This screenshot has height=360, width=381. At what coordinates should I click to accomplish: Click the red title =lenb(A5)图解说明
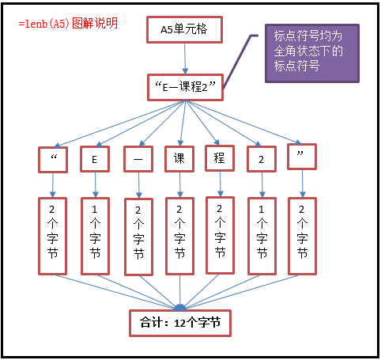tap(68, 24)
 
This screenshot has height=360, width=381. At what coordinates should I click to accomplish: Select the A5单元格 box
tap(184, 29)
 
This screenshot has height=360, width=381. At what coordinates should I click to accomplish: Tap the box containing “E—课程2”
tap(185, 87)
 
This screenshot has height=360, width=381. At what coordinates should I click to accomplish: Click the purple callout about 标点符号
tap(312, 53)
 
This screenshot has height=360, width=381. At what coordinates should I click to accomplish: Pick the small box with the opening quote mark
tap(53, 160)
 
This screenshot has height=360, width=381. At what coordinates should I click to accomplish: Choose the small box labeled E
tap(95, 159)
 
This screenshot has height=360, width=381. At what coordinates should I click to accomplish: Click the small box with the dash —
tap(138, 159)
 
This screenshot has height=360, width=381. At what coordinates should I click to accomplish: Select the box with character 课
tap(179, 159)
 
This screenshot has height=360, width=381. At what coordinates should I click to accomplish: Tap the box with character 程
tap(220, 158)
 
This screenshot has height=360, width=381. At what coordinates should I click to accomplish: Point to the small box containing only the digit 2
tap(262, 159)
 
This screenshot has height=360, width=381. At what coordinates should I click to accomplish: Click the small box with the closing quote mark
tap(302, 157)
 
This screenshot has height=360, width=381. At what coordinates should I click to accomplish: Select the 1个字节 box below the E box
tap(95, 236)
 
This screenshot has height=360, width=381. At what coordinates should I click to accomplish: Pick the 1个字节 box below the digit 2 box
tap(262, 236)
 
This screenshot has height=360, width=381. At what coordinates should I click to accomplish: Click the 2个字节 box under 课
tap(179, 236)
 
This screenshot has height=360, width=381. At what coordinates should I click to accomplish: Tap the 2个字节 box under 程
tap(220, 235)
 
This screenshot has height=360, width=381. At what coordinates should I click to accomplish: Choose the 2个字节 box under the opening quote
tap(52, 236)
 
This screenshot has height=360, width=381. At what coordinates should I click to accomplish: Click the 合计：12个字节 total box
tap(180, 323)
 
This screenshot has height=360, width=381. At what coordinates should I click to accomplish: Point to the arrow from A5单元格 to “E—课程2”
tap(185, 59)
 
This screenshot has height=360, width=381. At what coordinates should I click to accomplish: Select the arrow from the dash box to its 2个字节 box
tap(139, 185)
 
